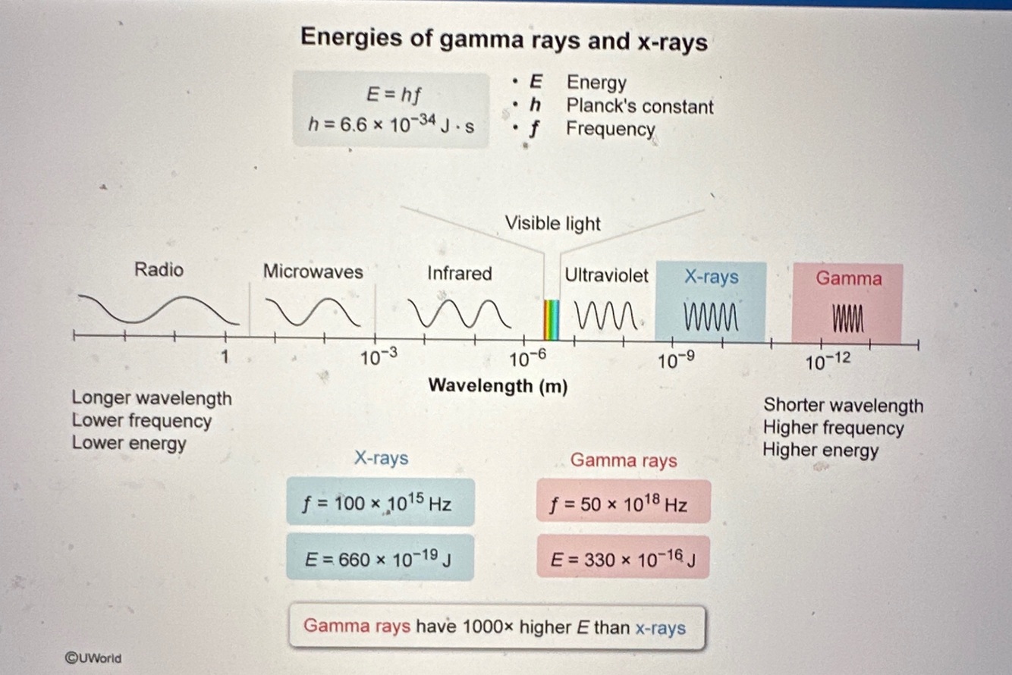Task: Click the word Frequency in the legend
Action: pyautogui.click(x=610, y=129)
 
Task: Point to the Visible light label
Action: pyautogui.click(x=552, y=224)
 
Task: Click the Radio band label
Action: pyautogui.click(x=159, y=269)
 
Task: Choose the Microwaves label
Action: pyautogui.click(x=313, y=272)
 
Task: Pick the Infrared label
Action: pyautogui.click(x=459, y=273)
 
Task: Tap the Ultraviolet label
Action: pyautogui.click(x=606, y=275)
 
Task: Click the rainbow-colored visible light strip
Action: pyautogui.click(x=552, y=319)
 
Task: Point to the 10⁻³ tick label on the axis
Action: pyautogui.click(x=379, y=359)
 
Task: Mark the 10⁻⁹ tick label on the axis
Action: pyautogui.click(x=676, y=362)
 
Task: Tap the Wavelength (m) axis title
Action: pyautogui.click(x=498, y=385)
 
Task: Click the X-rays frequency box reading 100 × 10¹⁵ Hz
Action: pyautogui.click(x=380, y=502)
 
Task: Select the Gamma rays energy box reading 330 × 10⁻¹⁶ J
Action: pyautogui.click(x=623, y=560)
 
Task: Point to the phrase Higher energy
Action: pyautogui.click(x=820, y=450)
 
